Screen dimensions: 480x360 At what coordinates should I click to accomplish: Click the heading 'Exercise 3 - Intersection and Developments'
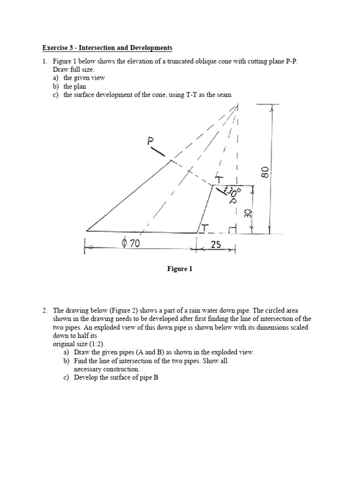pyautogui.click(x=107, y=48)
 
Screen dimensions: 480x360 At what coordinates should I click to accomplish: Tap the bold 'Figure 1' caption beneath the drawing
pyautogui.click(x=180, y=269)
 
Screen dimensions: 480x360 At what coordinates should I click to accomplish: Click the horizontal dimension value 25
pyautogui.click(x=215, y=244)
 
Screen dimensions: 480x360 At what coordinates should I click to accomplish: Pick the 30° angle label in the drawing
pyautogui.click(x=232, y=192)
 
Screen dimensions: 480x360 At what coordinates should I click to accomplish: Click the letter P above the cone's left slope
pyautogui.click(x=151, y=141)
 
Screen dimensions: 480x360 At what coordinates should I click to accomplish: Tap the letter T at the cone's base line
pyautogui.click(x=205, y=228)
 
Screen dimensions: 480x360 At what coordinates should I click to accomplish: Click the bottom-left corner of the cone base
pyautogui.click(x=87, y=231)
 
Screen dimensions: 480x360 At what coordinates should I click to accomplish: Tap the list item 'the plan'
pyautogui.click(x=75, y=86)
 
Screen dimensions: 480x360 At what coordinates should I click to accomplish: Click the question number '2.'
pyautogui.click(x=45, y=311)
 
